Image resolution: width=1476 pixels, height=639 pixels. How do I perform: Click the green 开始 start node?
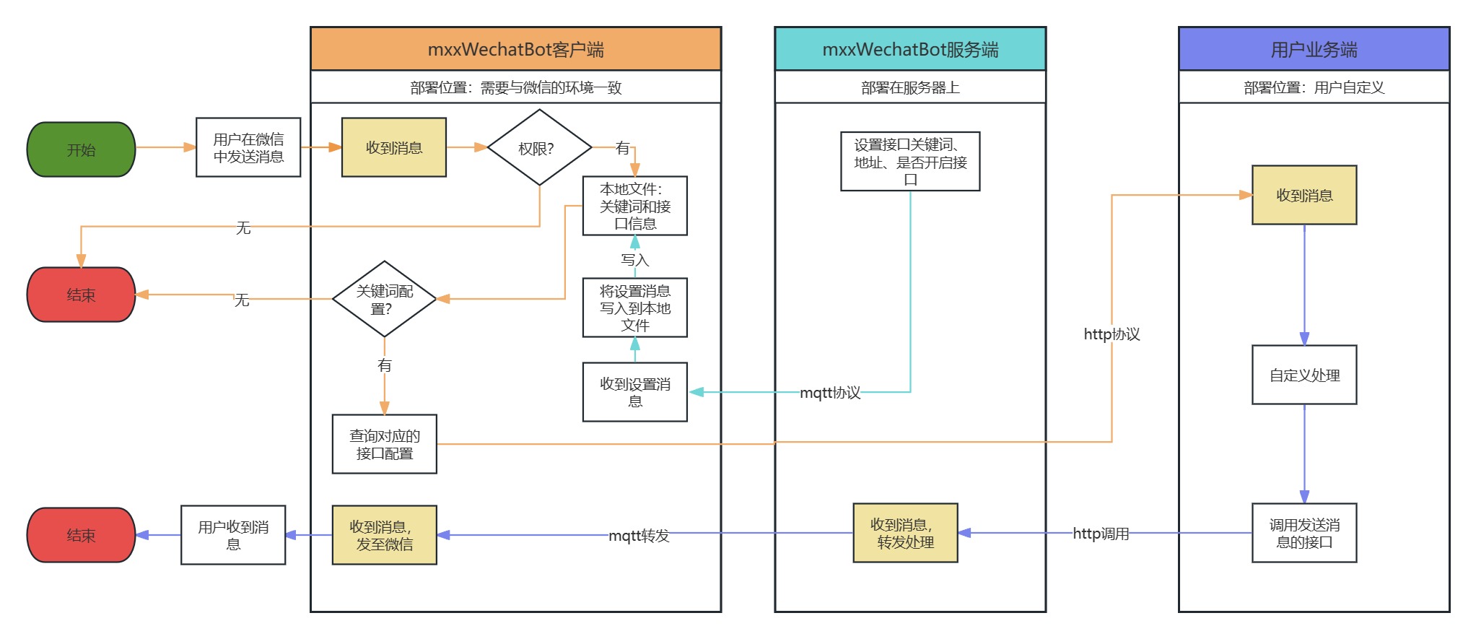[x=81, y=149]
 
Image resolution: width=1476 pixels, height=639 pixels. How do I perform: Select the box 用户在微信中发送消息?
[x=248, y=147]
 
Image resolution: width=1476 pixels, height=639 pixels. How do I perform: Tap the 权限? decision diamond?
[x=539, y=148]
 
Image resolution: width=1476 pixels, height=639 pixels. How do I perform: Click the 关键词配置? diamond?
[x=384, y=299]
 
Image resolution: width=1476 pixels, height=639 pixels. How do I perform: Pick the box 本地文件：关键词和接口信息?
[x=634, y=206]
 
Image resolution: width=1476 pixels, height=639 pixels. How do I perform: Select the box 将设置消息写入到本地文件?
[x=634, y=308]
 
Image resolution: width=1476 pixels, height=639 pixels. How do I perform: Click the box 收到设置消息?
[x=634, y=392]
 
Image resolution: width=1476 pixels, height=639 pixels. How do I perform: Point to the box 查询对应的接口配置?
[x=384, y=444]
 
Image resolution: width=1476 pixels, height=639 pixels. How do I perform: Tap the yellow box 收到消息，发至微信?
[x=384, y=535]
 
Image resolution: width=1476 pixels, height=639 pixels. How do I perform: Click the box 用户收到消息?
[x=233, y=535]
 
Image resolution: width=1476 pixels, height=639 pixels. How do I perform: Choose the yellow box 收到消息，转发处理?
[x=905, y=533]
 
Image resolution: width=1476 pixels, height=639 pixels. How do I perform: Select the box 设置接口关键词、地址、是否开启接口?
[x=910, y=162]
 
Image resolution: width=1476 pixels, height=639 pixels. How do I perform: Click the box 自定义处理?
[x=1304, y=375]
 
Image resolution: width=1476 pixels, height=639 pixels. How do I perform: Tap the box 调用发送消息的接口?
[x=1304, y=533]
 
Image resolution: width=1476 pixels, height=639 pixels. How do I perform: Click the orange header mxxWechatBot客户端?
[x=515, y=49]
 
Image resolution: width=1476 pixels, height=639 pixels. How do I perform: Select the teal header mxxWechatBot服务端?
[x=910, y=49]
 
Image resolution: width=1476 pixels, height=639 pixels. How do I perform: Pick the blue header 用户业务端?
[x=1314, y=49]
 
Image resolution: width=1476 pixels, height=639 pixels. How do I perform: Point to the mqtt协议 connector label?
[x=830, y=393]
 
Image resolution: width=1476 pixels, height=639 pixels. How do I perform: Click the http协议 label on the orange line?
[x=1112, y=334]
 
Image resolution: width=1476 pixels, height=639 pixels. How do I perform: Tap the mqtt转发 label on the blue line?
[x=639, y=536]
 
